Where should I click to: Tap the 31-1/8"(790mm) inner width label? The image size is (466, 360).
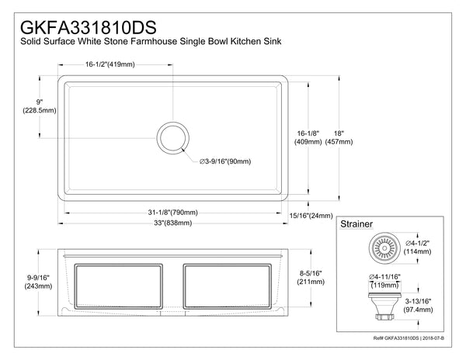tap(172, 213)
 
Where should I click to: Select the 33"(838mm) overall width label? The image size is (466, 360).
tap(172, 224)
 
